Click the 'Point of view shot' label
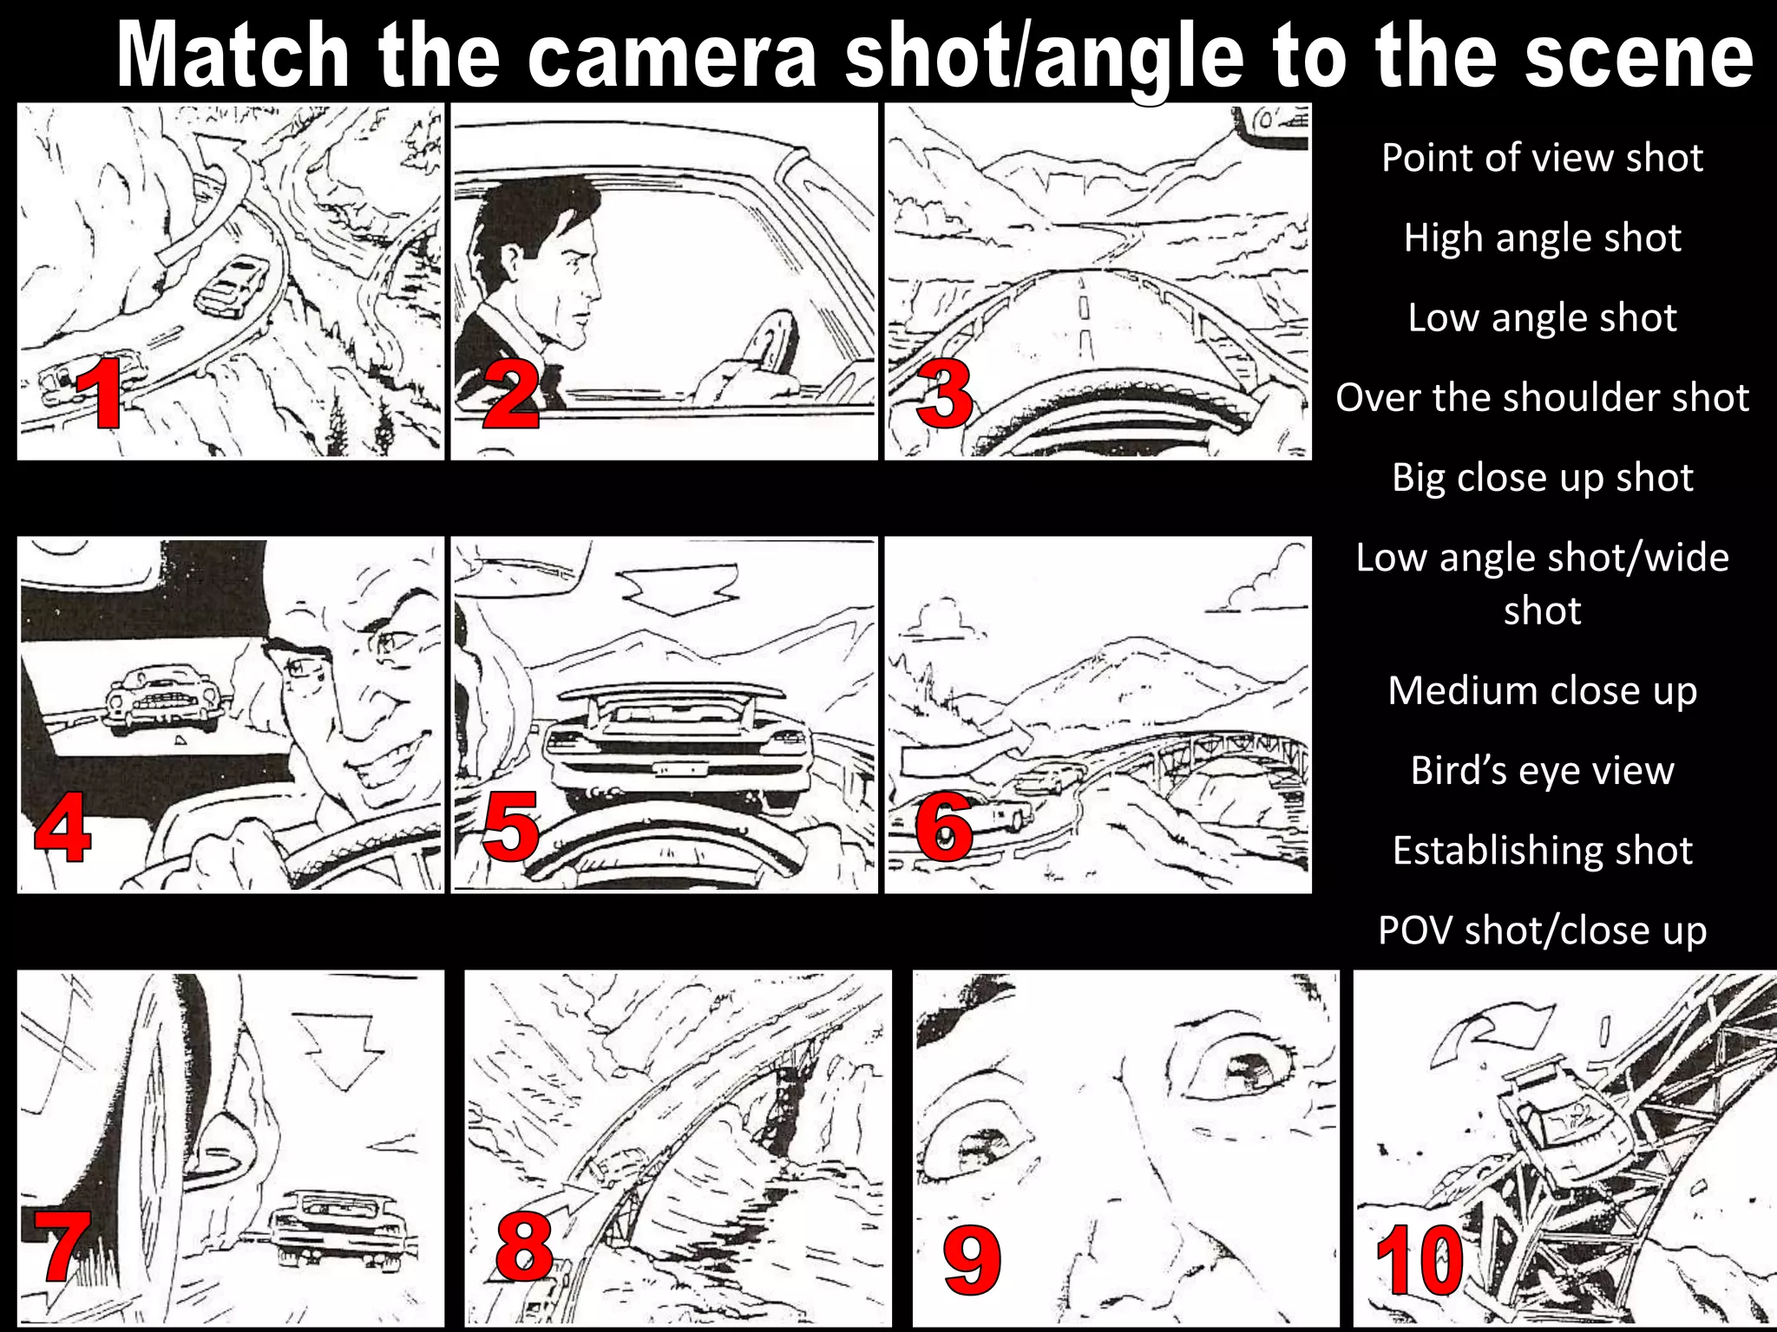coord(1542,158)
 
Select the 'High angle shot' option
coord(1542,238)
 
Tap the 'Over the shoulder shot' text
coord(1542,397)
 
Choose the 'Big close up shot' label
coord(1542,478)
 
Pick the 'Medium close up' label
coord(1542,691)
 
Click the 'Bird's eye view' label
coord(1542,770)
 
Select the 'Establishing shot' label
coord(1542,851)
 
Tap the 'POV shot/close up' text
coord(1542,930)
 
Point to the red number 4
coord(62,826)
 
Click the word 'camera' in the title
coord(672,55)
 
